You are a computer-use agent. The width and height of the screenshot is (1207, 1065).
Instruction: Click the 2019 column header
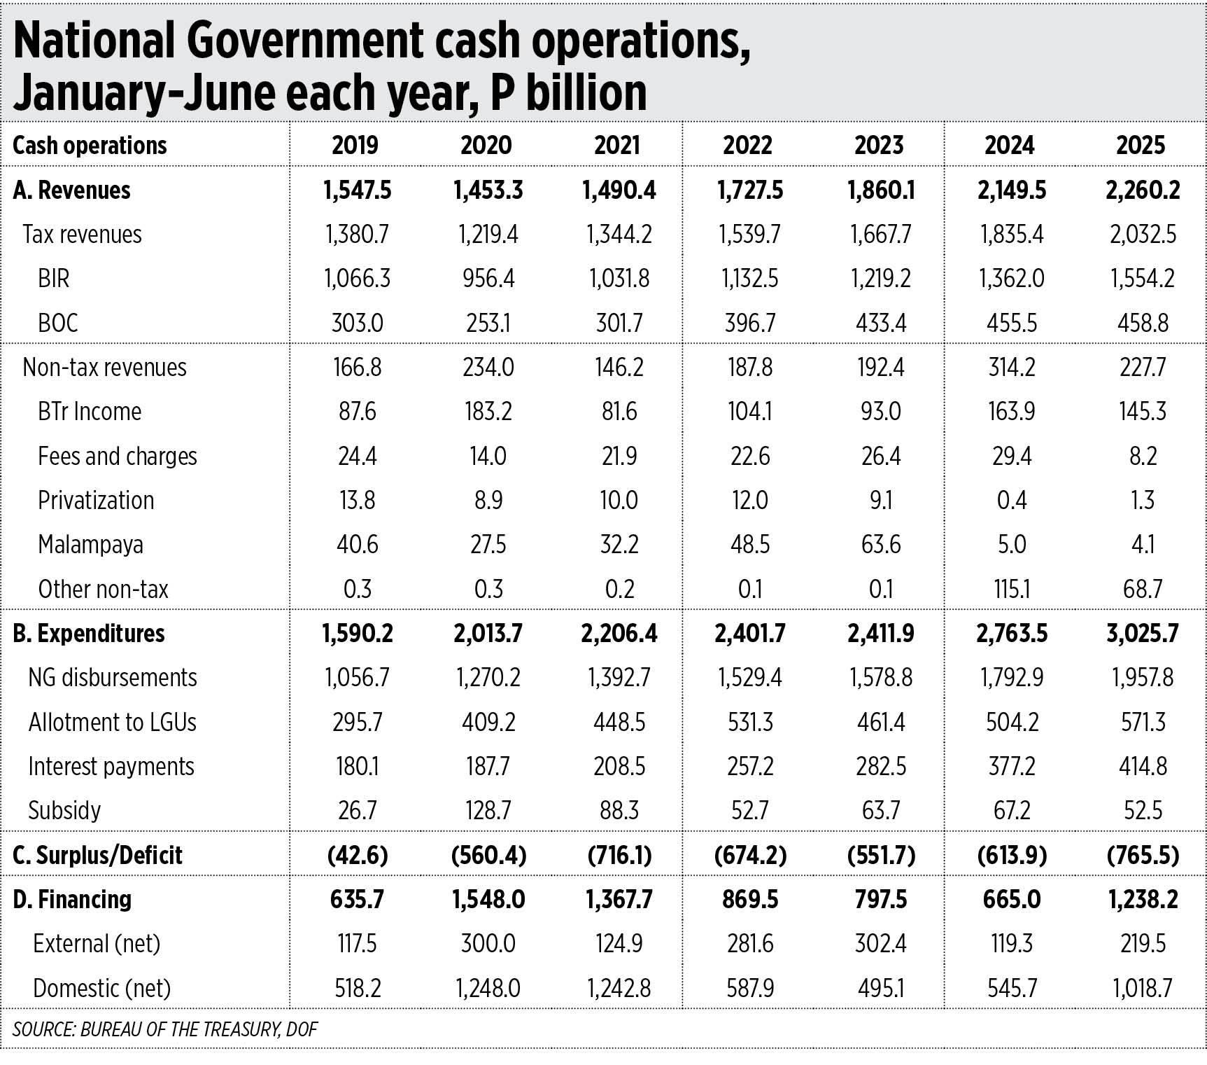pos(355,145)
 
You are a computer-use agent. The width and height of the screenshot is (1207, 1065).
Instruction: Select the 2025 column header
pos(1141,145)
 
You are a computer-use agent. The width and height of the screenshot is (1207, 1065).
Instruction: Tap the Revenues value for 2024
pos(1012,190)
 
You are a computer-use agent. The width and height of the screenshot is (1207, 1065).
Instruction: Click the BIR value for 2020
pos(488,278)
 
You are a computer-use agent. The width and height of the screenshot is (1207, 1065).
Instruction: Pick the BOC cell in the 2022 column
pos(750,323)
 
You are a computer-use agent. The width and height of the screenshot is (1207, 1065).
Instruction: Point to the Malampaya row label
pos(90,544)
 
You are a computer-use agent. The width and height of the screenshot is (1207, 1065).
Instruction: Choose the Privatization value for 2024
pos(1012,500)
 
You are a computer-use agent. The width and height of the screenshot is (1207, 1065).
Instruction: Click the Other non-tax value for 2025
pos(1143,589)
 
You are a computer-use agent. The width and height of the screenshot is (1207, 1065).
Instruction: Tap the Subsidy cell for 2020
pos(488,810)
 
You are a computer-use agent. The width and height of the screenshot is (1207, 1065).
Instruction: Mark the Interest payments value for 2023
pos(881,766)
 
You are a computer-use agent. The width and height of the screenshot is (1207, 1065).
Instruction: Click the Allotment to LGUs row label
pos(112,722)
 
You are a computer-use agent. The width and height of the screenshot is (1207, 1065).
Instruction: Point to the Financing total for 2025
pos(1143,899)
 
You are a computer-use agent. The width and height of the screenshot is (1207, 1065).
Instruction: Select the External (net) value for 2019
pos(357,943)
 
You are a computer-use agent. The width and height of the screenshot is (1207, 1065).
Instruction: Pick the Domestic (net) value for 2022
pos(750,988)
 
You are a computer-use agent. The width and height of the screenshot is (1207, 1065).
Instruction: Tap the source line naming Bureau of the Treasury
pos(165,1029)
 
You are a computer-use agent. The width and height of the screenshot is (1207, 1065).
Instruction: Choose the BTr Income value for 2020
pos(488,411)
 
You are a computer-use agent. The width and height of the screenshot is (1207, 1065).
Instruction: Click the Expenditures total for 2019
pos(357,633)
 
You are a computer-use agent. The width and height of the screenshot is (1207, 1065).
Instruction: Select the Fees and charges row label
pos(118,456)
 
